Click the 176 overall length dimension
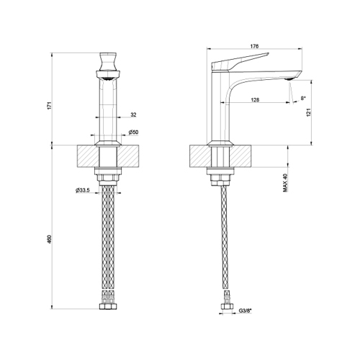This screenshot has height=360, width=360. click(x=253, y=48)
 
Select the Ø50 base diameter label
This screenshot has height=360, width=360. click(x=133, y=132)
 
